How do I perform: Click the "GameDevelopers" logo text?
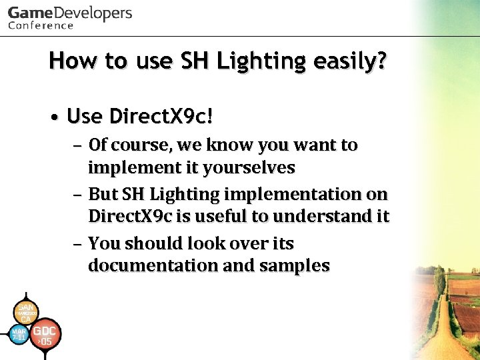(70, 13)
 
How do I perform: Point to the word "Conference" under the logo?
(41, 26)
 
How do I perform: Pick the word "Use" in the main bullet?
(85, 117)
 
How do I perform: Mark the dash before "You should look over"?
(78, 243)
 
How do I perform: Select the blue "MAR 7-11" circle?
(19, 334)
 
